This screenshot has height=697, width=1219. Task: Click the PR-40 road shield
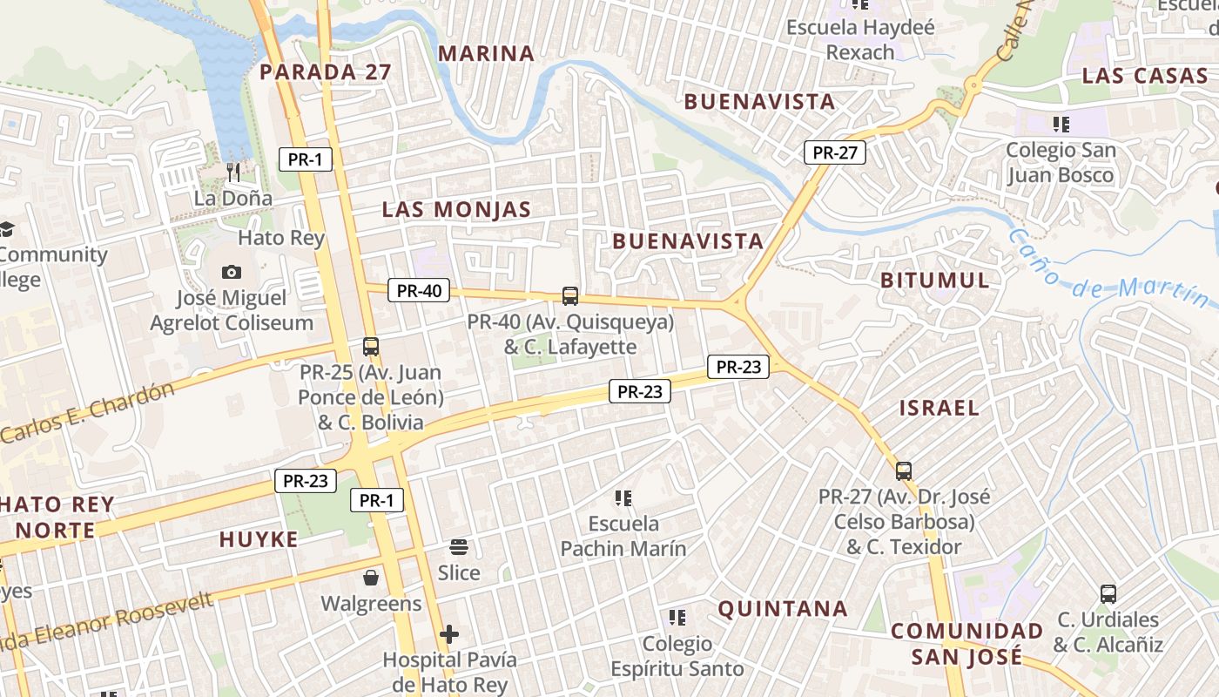click(419, 291)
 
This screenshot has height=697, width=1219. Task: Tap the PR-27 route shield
click(835, 152)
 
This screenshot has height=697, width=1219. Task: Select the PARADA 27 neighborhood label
click(326, 71)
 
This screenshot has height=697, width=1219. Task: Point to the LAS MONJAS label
click(456, 209)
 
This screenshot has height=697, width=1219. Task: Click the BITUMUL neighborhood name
click(935, 281)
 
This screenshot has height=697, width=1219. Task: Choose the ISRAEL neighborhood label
click(940, 408)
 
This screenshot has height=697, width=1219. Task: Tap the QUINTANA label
click(783, 608)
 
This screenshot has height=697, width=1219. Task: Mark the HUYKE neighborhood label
click(259, 540)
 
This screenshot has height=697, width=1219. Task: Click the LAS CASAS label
click(1145, 76)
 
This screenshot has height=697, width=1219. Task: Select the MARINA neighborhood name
click(486, 53)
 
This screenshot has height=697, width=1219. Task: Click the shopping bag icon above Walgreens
click(371, 578)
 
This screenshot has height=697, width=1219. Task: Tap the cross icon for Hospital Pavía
click(449, 634)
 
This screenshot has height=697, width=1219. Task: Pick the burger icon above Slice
click(459, 547)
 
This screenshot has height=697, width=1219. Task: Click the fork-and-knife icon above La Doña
click(232, 172)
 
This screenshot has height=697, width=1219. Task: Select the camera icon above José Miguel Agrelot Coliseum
click(232, 272)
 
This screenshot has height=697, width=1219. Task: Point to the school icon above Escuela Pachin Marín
click(623, 498)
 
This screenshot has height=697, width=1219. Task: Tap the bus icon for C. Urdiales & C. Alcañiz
click(1108, 594)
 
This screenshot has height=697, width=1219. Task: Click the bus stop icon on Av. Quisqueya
click(570, 296)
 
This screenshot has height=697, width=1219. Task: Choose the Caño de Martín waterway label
click(1111, 267)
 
